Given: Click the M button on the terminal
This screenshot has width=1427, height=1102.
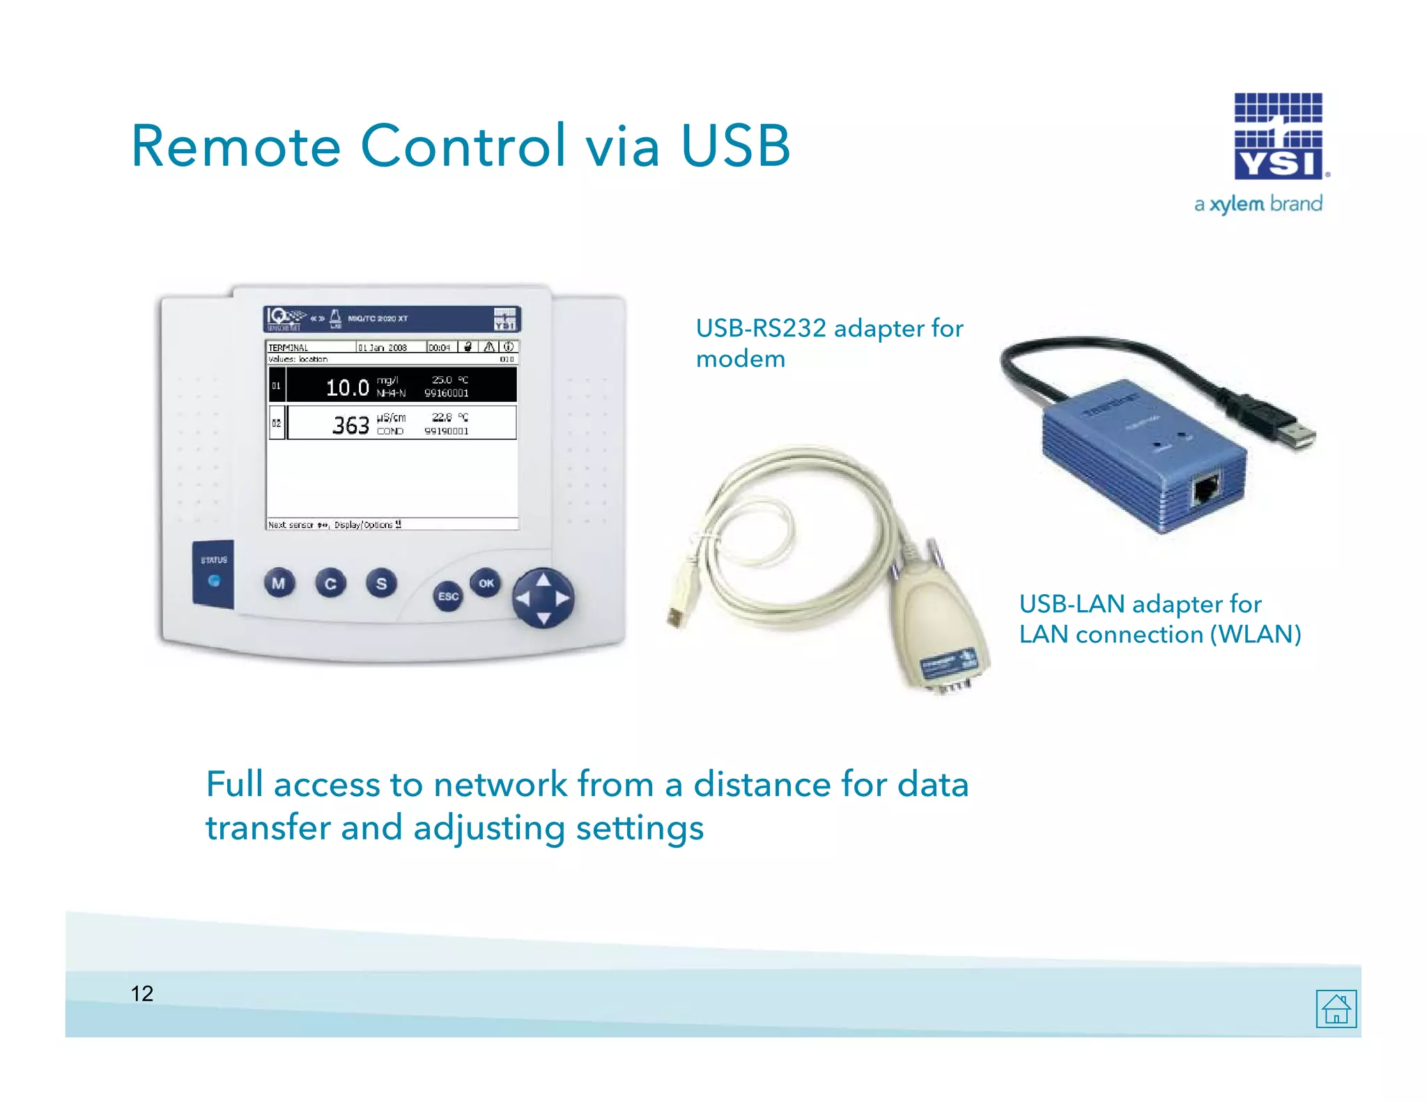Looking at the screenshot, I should click(279, 583).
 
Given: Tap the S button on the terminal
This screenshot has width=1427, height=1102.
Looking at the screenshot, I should click(381, 583).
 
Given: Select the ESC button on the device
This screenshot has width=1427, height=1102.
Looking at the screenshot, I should click(448, 596).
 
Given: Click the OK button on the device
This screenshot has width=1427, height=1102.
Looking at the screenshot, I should click(486, 583).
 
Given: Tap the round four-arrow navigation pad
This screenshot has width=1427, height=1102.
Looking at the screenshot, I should click(543, 598).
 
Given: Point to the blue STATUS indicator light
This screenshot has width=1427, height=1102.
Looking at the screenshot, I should click(214, 580).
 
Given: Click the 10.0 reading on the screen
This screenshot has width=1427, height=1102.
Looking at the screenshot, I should click(347, 387).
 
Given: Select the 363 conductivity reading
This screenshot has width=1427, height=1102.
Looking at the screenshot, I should click(350, 425).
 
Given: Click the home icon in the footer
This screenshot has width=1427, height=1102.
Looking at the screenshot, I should click(1336, 1009).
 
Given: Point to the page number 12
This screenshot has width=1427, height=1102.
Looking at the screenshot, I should click(142, 993).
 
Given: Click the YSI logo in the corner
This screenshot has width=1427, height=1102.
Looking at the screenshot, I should click(1279, 137).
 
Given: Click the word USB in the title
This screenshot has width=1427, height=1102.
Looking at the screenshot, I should click(735, 146).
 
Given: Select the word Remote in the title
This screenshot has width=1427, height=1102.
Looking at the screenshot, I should click(236, 146).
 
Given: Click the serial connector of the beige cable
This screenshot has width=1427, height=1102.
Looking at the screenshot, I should click(941, 648).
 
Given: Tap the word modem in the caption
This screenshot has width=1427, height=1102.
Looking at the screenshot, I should click(740, 359).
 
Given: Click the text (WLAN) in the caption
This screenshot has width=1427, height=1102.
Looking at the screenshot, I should click(1256, 635).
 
